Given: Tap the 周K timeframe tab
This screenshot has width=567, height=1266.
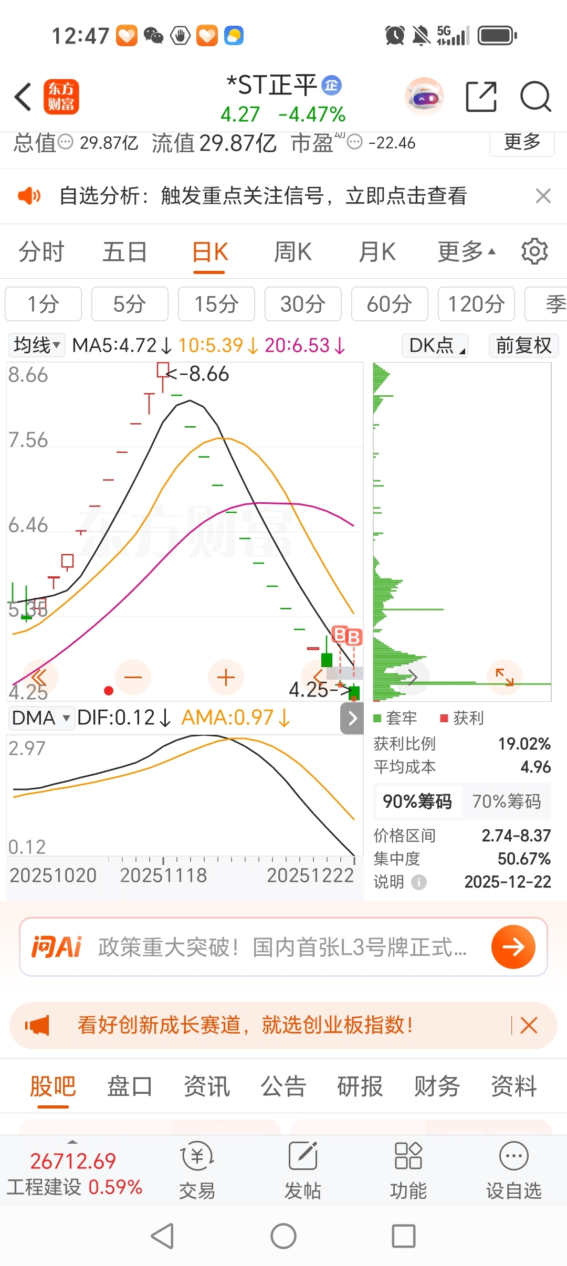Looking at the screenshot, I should [293, 252].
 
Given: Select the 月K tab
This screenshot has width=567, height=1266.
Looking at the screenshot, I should [377, 252].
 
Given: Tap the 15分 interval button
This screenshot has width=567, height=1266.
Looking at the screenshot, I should [216, 304].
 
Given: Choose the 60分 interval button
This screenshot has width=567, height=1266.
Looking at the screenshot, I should [389, 304].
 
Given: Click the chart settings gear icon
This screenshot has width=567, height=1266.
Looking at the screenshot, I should [534, 251].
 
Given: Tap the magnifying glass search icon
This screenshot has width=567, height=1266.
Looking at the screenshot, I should [535, 97].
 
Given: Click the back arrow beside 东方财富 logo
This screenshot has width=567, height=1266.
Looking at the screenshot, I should [23, 97].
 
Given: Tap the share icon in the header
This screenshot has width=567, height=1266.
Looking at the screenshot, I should [481, 97].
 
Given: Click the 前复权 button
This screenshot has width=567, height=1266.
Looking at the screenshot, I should [523, 345].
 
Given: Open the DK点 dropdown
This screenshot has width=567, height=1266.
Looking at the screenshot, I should [435, 345].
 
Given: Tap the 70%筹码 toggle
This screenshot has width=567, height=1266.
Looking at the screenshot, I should [506, 801].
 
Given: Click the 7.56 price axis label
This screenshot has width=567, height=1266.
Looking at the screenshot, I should [28, 440].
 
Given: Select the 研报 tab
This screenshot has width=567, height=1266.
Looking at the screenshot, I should [360, 1086].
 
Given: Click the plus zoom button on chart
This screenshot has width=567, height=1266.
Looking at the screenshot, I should [226, 677].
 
